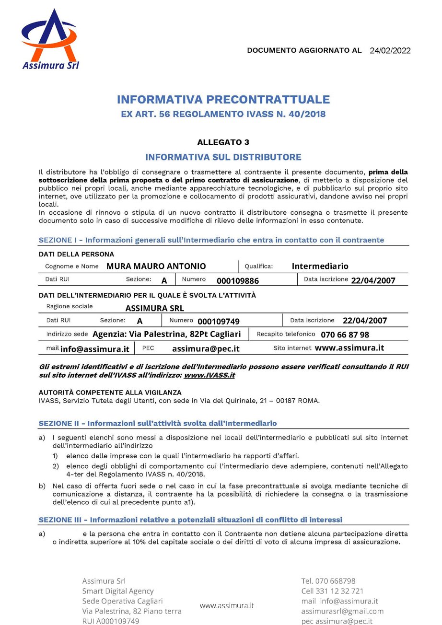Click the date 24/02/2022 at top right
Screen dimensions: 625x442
coord(390,51)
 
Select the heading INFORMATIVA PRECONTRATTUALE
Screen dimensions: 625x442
coord(223,100)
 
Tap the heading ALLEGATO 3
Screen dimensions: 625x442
coord(223,142)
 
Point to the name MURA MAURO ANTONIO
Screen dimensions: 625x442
coord(156,266)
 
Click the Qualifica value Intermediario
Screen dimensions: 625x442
coord(320,266)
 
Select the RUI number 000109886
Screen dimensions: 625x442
coord(238,280)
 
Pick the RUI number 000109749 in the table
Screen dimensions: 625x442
coord(219,321)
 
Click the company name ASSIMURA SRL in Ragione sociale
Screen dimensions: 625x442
coord(154,308)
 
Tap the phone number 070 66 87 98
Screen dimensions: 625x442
coord(345,335)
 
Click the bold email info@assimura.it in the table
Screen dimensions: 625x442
coord(95,349)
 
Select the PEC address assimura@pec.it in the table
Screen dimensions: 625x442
coord(206,349)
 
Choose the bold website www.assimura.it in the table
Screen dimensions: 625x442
coord(349,348)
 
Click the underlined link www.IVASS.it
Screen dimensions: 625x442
coord(209,375)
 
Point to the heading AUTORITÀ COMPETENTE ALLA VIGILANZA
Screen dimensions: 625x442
coord(110,392)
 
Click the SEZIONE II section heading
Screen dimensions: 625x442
coord(158,423)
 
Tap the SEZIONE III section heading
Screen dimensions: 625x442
coord(190,520)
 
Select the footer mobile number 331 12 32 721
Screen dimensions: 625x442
coord(339,591)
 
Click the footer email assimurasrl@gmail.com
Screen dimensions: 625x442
coord(342,611)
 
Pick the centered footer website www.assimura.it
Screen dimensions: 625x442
coord(227,605)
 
